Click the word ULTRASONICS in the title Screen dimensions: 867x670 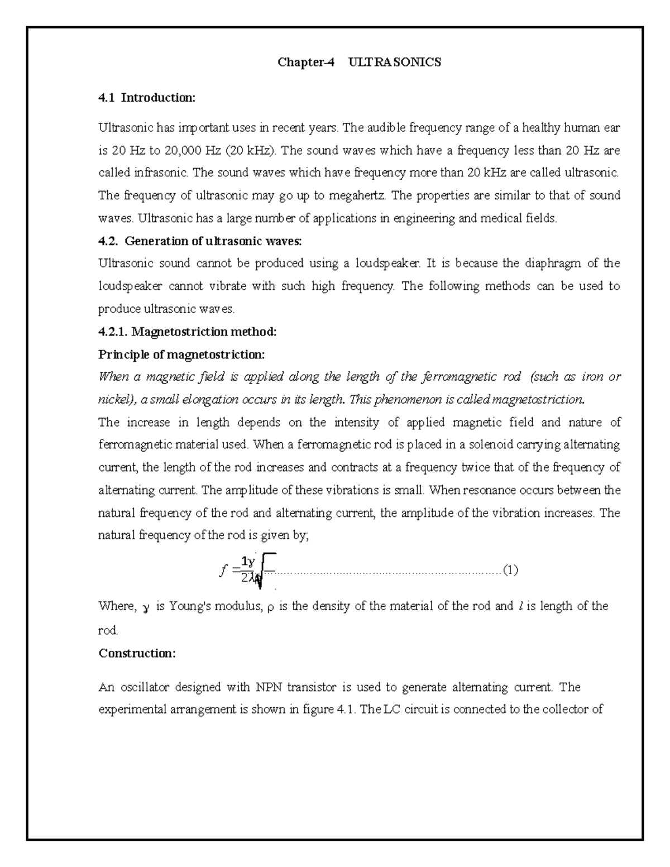click(x=394, y=62)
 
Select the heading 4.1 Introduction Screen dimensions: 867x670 click(x=147, y=98)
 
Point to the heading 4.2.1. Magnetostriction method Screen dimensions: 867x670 click(x=187, y=332)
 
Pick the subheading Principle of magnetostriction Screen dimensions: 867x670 click(x=181, y=355)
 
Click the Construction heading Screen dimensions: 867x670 click(x=137, y=653)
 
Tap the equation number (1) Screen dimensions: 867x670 click(x=510, y=570)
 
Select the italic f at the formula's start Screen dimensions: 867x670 click(x=224, y=571)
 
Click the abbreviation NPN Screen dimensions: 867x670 click(x=270, y=687)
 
